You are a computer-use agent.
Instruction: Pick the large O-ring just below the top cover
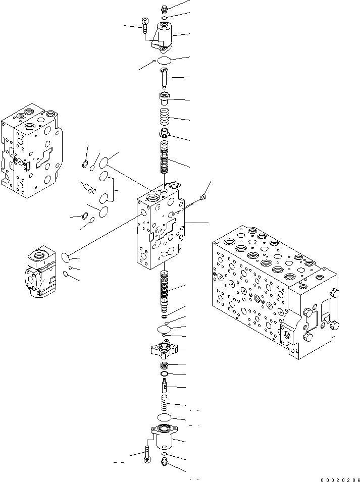click(164, 61)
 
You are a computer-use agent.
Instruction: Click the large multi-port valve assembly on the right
click(273, 293)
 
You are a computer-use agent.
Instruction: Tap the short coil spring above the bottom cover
click(164, 404)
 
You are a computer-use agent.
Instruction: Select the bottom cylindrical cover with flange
click(164, 437)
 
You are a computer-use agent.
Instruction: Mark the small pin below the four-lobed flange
click(164, 388)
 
